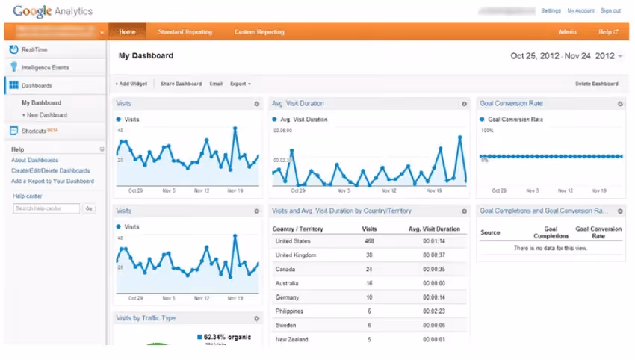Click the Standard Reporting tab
point(185,32)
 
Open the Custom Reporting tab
point(259,32)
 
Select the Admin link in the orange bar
point(567,32)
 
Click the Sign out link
point(610,11)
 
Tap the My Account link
point(580,11)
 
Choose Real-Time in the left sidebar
point(35,49)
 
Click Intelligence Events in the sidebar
point(45,67)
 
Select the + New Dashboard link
point(44,115)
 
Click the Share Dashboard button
point(181,84)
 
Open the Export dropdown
point(240,84)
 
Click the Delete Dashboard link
point(596,84)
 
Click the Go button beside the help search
point(89,208)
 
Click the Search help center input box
point(46,208)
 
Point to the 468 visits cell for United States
point(368,241)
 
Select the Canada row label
point(286,269)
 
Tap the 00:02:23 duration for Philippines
point(434,311)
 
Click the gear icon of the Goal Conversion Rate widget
point(620,104)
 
